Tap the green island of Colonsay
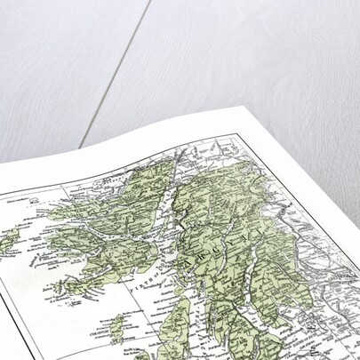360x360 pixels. (116, 322)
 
